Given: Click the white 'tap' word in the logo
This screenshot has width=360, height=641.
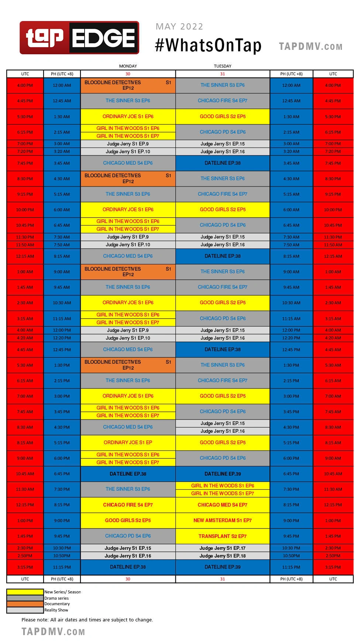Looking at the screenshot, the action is (44, 37).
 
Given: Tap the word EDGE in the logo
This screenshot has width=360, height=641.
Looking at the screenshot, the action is (104, 38).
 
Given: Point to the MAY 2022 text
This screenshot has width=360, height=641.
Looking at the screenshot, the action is (179, 27).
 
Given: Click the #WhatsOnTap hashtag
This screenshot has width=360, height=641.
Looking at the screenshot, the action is (208, 45).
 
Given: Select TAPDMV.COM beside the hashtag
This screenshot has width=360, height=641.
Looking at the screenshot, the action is (311, 47).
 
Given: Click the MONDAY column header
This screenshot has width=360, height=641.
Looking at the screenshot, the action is (128, 66).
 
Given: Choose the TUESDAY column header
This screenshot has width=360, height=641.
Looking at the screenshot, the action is (223, 66).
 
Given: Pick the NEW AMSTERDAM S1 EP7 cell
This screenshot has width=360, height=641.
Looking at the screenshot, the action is (223, 520).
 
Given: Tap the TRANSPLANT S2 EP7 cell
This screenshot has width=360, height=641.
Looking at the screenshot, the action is (223, 536).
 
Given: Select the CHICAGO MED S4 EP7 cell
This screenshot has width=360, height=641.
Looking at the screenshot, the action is (223, 505).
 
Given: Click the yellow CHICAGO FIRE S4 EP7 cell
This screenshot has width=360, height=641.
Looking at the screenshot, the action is (128, 505).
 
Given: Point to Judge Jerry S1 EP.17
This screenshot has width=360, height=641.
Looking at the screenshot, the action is (223, 548).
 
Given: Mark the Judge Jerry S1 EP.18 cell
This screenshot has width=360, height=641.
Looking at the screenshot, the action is (223, 556).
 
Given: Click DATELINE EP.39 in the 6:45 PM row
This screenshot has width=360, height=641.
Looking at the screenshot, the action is (223, 474).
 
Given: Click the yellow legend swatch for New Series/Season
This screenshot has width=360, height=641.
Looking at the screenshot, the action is (25, 592).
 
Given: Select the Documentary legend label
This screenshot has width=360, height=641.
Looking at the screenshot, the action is (57, 604).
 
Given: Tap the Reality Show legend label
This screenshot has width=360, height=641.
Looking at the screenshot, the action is (56, 610).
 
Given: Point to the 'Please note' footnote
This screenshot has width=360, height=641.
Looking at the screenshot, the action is (87, 620).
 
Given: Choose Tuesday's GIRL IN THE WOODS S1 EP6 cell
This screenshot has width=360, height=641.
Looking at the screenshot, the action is (223, 486).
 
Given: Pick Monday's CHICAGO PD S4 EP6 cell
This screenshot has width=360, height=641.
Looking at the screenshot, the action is (128, 536).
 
